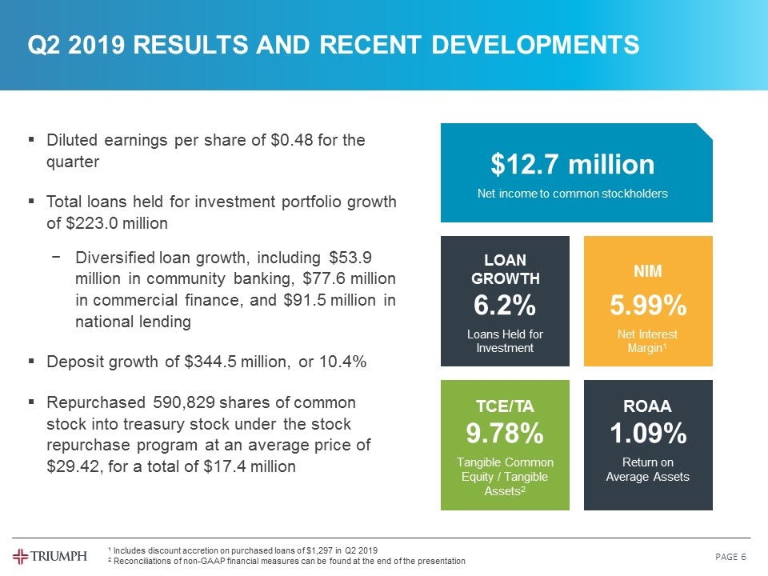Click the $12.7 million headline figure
[x=572, y=166]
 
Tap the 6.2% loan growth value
[x=504, y=305]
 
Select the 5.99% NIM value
[x=649, y=305]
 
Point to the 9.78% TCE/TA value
[x=505, y=434]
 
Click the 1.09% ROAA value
[x=649, y=434]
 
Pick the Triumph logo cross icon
[x=22, y=556]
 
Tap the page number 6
[x=744, y=557]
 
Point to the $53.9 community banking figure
[x=351, y=258]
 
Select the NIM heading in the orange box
[x=648, y=271]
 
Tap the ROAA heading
[x=649, y=406]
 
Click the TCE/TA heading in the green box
[x=505, y=406]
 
